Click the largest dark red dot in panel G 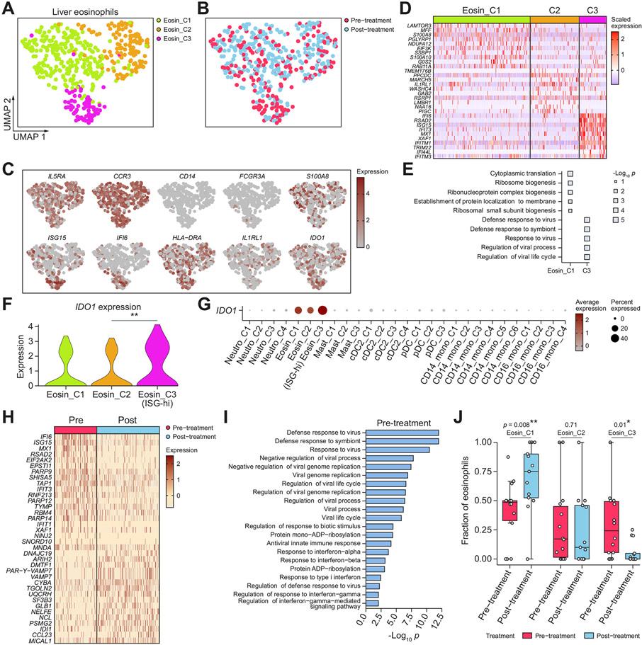click(x=322, y=329)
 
